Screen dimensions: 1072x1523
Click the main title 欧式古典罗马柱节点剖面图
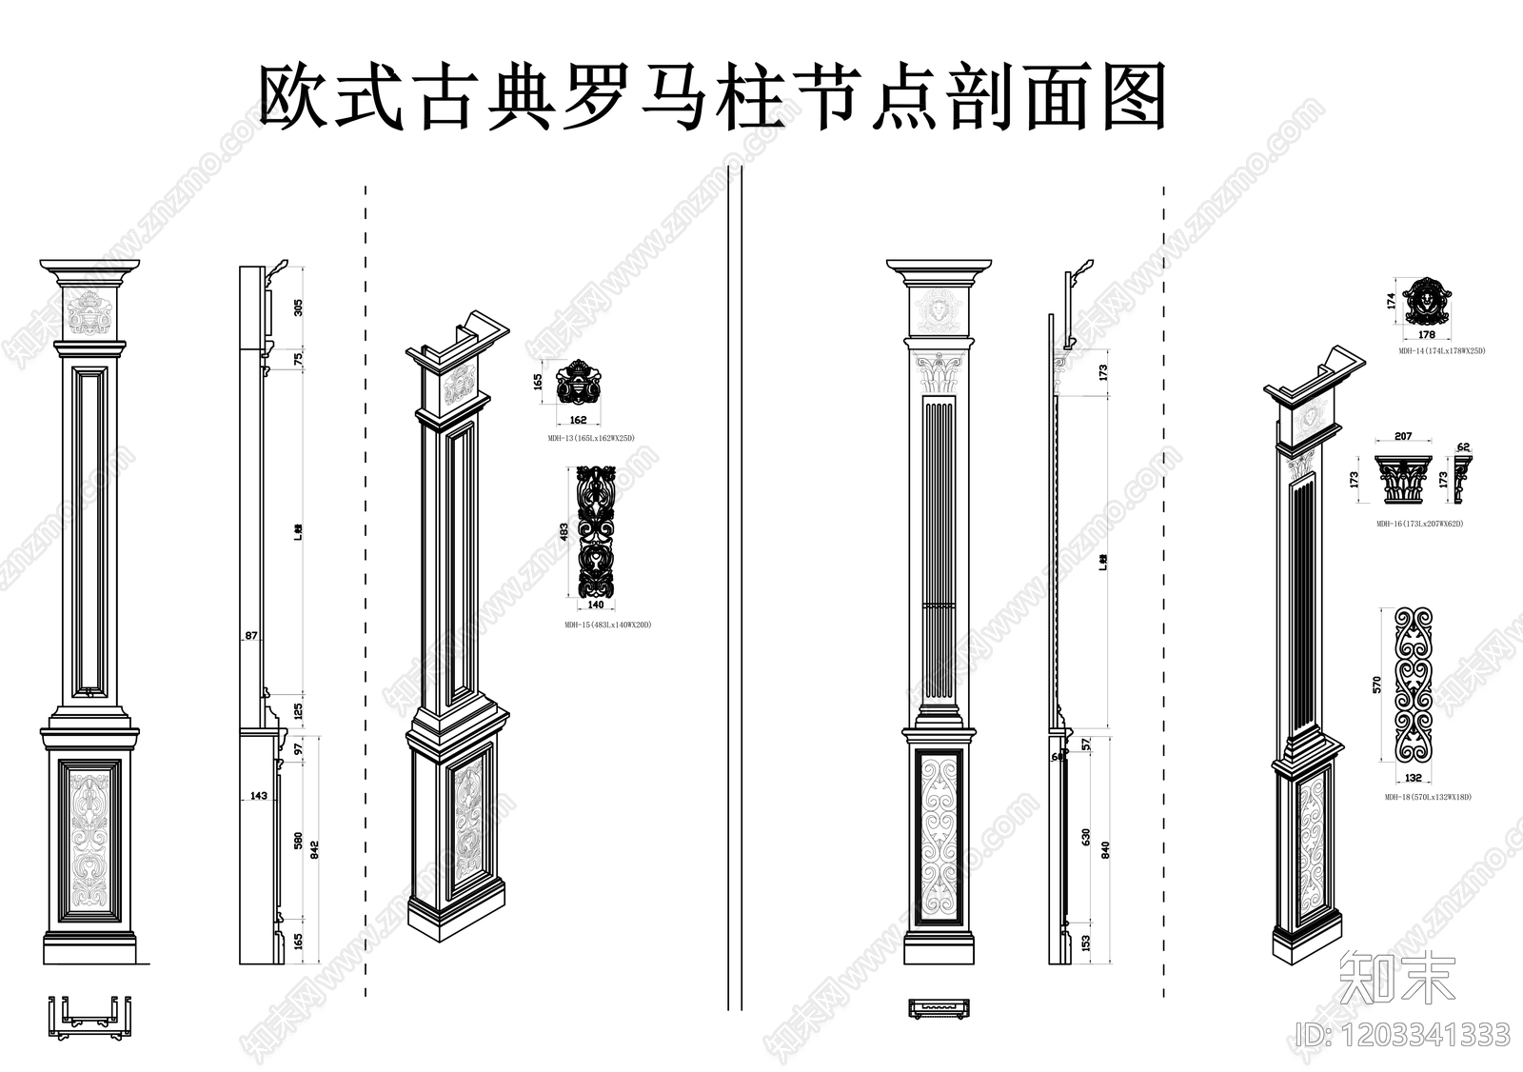tap(712, 97)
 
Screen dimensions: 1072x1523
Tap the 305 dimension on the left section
tap(298, 307)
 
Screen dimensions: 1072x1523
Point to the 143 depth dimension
tap(258, 795)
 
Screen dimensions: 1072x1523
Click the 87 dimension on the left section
tap(251, 635)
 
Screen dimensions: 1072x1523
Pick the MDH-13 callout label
tap(590, 437)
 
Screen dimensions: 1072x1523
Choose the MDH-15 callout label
tap(607, 625)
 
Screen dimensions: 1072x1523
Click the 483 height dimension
tap(564, 532)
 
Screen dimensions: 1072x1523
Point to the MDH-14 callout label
tap(1441, 351)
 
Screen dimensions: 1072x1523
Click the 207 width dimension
tap(1402, 437)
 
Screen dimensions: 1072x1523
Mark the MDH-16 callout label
tap(1418, 524)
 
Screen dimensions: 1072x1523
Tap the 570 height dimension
tap(1377, 685)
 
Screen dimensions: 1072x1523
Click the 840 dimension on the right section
tap(1105, 849)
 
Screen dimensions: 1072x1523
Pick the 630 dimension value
tap(1086, 837)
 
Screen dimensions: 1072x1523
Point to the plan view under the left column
tap(89, 1011)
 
